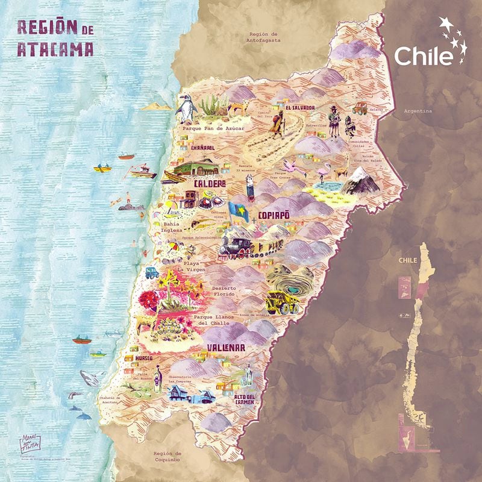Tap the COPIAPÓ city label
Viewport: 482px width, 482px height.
pyautogui.click(x=274, y=215)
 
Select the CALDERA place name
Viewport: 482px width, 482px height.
pyautogui.click(x=209, y=183)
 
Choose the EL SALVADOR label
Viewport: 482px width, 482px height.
pyautogui.click(x=300, y=107)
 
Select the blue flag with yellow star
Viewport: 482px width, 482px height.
pyautogui.click(x=239, y=211)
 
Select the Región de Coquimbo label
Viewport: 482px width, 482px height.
pyautogui.click(x=167, y=457)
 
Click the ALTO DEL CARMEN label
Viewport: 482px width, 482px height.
pyautogui.click(x=245, y=399)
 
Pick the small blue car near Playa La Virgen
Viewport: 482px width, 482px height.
pyautogui.click(x=152, y=272)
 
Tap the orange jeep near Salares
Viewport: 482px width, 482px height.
pyautogui.click(x=360, y=108)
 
